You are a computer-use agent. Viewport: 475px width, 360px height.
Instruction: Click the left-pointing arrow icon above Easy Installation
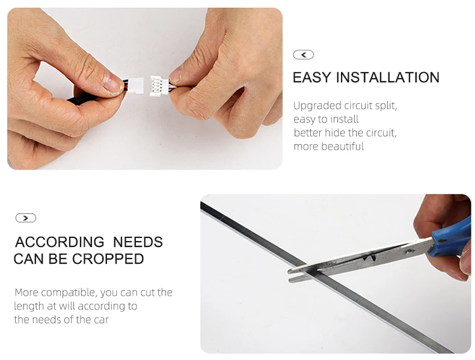tap(303, 55)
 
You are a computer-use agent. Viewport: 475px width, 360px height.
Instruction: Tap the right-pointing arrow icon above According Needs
tap(26, 218)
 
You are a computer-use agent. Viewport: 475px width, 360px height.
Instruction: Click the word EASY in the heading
tap(311, 78)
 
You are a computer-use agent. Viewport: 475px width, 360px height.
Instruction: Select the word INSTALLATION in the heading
tap(388, 78)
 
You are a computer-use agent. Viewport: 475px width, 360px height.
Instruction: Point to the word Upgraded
tap(317, 106)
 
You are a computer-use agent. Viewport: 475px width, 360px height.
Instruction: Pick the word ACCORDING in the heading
tap(60, 242)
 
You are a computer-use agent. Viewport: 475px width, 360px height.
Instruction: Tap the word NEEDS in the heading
tap(138, 242)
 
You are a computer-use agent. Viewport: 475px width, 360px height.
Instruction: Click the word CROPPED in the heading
tap(108, 259)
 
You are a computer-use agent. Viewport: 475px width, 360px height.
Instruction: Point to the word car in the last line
tap(101, 320)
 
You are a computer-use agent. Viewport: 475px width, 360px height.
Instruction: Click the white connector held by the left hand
tap(135, 86)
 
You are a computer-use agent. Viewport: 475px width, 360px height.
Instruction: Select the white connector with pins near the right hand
tap(159, 86)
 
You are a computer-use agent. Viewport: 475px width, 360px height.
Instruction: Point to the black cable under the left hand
tap(81, 98)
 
